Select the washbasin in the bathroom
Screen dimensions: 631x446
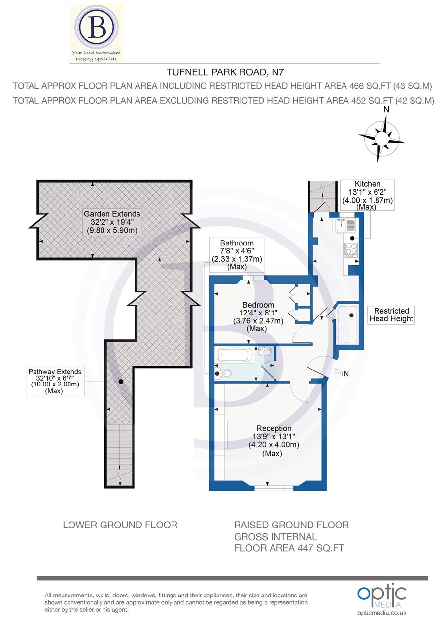coord(264,352)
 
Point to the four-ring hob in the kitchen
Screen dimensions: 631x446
coord(350,250)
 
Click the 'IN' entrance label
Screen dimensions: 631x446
coord(345,374)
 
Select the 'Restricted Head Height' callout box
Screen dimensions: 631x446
coord(391,315)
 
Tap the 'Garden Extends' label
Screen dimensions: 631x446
coord(112,214)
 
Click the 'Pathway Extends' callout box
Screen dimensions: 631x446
coord(55,381)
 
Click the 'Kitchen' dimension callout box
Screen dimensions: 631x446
coord(367,195)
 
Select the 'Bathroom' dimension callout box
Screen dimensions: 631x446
coord(237,254)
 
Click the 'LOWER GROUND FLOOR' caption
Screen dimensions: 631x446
coord(120,525)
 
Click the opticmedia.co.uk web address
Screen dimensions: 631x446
coord(382,613)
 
